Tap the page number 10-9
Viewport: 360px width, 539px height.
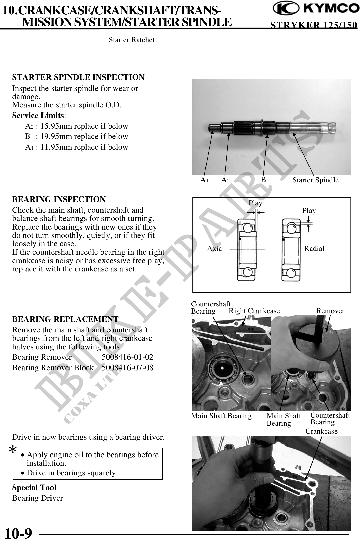[x=19, y=533]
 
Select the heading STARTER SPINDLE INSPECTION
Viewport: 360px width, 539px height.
[x=78, y=77]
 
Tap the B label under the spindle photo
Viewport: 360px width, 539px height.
[x=263, y=180]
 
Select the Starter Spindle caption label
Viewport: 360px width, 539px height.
[x=315, y=180]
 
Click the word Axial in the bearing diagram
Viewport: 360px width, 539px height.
[x=215, y=249]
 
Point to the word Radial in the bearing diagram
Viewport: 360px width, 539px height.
[x=314, y=249]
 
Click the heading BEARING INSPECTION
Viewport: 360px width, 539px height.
[x=59, y=199]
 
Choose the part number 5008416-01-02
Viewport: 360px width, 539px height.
[x=127, y=357]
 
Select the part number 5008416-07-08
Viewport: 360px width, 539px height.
[x=127, y=368]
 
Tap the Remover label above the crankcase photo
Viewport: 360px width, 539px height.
[x=330, y=311]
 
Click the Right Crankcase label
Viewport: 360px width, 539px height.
[x=254, y=311]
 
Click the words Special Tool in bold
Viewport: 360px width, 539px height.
[x=34, y=488]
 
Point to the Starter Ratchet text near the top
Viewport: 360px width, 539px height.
[x=132, y=40]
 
